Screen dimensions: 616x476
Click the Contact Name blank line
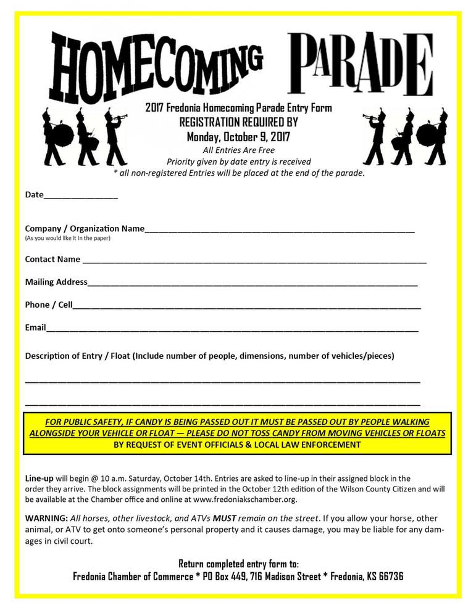(254, 261)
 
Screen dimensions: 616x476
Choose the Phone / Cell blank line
(247, 306)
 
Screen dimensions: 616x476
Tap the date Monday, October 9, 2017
(238, 136)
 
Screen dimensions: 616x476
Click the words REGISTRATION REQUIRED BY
(238, 122)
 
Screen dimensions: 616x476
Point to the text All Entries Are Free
(238, 150)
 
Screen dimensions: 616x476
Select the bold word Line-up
(40, 478)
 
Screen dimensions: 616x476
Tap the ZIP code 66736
(390, 577)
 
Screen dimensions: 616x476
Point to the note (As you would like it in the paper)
(67, 238)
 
